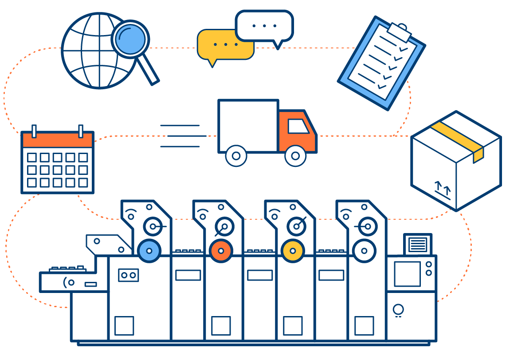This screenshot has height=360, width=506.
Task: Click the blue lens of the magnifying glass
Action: point(130,39)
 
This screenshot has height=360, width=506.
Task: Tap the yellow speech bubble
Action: point(217,45)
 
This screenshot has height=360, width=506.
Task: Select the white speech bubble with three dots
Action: point(264,26)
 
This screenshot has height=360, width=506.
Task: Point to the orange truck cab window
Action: point(298,126)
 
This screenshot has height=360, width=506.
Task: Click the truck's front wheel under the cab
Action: point(295,156)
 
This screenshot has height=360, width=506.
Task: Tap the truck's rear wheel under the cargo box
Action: point(236,156)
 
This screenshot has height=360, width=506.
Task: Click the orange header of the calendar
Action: point(58,140)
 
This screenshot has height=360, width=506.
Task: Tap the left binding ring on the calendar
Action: point(34,131)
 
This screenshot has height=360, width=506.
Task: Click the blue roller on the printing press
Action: point(149,251)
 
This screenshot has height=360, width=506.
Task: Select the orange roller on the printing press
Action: point(221,251)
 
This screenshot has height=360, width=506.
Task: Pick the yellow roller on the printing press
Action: point(293,251)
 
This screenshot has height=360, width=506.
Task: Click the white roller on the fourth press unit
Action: point(364,251)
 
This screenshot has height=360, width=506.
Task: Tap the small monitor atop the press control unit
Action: point(417,244)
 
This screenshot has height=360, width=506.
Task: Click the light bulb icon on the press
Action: point(398,309)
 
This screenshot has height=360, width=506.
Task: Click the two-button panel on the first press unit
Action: point(128,275)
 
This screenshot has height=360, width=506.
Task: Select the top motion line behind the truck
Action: point(180,126)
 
